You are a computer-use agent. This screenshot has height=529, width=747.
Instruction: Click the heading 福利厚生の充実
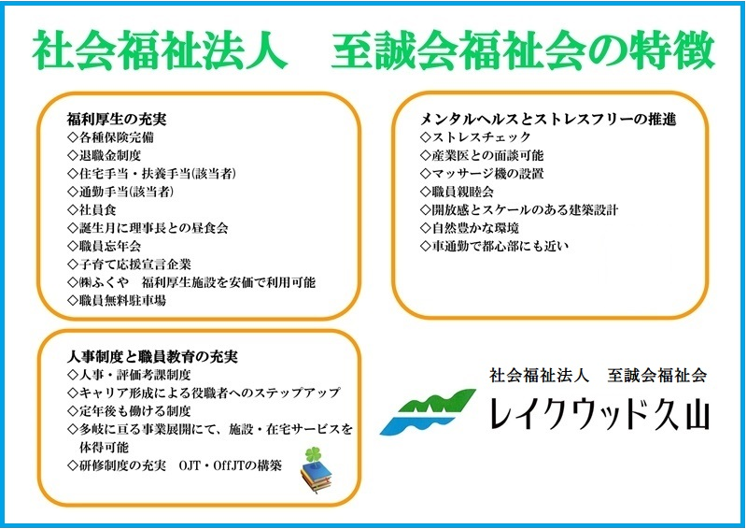pyautogui.click(x=117, y=119)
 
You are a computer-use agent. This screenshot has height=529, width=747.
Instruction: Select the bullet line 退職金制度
pyautogui.click(x=105, y=155)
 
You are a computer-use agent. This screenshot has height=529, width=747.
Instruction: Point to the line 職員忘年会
pyautogui.click(x=105, y=246)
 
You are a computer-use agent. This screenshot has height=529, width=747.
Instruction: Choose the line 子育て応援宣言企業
pyautogui.click(x=129, y=264)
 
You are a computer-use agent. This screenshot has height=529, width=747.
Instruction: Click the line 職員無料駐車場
pyautogui.click(x=117, y=301)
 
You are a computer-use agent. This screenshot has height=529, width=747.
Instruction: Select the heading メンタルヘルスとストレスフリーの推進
pyautogui.click(x=548, y=119)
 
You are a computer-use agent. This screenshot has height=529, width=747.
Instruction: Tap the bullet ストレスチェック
pyautogui.click(x=475, y=137)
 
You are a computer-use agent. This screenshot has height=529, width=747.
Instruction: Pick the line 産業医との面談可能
pyautogui.click(x=482, y=155)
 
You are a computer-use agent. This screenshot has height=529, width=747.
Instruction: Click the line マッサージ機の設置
pyautogui.click(x=482, y=174)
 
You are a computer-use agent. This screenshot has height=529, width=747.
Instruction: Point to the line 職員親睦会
pyautogui.click(x=457, y=192)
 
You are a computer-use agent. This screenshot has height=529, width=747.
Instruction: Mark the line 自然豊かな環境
pyautogui.click(x=470, y=228)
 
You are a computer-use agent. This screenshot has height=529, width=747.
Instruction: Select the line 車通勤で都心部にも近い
pyautogui.click(x=495, y=246)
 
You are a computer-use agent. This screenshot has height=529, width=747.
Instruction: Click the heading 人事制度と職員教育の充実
pyautogui.click(x=152, y=356)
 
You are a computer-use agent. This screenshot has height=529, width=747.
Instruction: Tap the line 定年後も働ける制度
pyautogui.click(x=129, y=411)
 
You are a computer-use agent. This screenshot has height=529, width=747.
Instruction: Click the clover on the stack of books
pyautogui.click(x=313, y=454)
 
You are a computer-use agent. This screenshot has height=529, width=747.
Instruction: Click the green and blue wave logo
pyautogui.click(x=428, y=411)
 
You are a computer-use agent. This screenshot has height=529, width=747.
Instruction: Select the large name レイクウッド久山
pyautogui.click(x=600, y=413)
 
